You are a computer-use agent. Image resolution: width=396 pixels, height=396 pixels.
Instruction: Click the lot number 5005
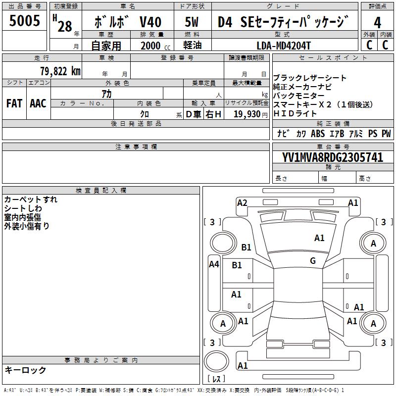pos(25,21)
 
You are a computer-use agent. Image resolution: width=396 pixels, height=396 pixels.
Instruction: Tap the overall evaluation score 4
pos(378,22)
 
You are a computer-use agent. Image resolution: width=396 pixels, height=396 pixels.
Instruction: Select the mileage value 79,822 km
pos(60,71)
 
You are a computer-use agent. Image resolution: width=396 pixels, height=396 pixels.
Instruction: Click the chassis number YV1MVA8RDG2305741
pos(333,158)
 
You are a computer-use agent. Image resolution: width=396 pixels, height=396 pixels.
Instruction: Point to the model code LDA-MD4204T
pos(284,46)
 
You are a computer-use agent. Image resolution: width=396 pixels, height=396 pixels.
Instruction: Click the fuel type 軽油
pos(193,46)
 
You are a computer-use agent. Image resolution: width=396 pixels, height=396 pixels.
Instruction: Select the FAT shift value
pos(14,103)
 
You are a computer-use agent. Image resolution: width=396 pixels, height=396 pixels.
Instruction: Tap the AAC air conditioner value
pos(38,103)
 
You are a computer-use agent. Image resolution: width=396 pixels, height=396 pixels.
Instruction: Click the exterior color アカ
pos(106,94)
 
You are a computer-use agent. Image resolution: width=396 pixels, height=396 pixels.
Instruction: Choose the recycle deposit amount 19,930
pos(247,114)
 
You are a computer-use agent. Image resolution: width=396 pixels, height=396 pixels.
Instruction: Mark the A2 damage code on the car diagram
pos(242,202)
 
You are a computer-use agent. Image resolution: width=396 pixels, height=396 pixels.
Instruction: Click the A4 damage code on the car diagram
pos(214,264)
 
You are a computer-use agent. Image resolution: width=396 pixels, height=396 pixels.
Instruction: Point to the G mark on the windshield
pos(313,261)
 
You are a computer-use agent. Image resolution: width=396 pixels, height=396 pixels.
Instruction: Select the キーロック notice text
pos(25,370)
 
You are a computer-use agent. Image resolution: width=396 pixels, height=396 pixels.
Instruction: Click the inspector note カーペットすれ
pos(31,199)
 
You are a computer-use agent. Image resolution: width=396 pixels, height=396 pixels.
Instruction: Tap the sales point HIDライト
pos(296,114)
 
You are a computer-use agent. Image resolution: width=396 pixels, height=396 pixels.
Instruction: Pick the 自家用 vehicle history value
pos(106,46)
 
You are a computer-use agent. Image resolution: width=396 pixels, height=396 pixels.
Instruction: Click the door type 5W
pos(192,22)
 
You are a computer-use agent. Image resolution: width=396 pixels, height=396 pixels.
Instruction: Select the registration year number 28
pos(64,26)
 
